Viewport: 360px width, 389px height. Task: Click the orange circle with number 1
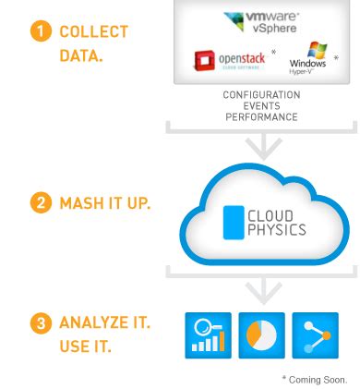point(41,31)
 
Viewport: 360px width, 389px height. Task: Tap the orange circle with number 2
point(41,203)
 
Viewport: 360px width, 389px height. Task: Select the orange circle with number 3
point(41,323)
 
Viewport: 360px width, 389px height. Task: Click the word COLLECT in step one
point(93,32)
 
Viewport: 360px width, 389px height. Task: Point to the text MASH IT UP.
point(104,203)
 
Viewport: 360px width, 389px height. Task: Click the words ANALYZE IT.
point(104,323)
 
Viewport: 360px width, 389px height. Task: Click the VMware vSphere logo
point(261,23)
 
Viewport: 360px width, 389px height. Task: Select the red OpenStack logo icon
point(204,61)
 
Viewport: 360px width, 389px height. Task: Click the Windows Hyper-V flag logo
point(317,50)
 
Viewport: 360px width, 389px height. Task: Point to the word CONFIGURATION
point(261,95)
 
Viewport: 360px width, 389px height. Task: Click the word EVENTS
point(261,106)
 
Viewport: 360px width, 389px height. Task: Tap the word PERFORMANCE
point(261,117)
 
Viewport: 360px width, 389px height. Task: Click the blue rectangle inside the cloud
point(233,222)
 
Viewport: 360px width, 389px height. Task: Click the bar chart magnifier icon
point(209,335)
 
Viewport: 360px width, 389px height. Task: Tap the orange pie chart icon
point(261,335)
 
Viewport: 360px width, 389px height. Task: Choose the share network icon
point(315,335)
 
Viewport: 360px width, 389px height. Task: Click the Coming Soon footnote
point(315,379)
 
